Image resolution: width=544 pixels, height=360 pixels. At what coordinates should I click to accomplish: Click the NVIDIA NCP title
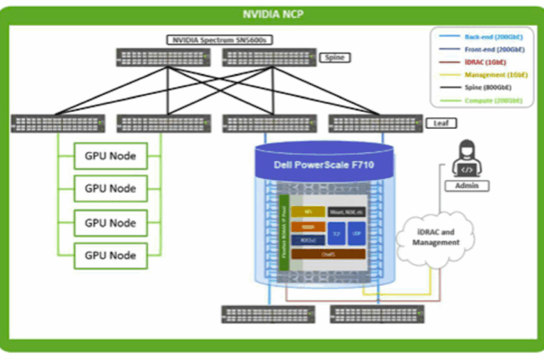coord(272,13)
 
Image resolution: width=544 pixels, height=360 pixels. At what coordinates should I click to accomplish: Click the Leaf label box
coord(441,123)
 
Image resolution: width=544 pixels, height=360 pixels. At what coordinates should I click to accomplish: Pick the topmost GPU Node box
coord(110,156)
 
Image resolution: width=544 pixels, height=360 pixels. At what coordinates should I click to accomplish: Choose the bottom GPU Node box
coord(110,255)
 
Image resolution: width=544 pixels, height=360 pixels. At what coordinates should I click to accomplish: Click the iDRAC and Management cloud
coord(437,237)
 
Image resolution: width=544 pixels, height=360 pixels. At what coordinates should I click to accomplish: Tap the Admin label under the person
coord(467,186)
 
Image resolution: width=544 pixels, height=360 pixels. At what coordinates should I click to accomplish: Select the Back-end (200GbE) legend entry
coord(485,36)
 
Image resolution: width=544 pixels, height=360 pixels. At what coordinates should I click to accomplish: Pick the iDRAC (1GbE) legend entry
coord(485,62)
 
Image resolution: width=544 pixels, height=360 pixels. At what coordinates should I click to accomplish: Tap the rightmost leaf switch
coord(375,124)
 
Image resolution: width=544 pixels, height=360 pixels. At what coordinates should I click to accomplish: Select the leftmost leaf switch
coord(58,124)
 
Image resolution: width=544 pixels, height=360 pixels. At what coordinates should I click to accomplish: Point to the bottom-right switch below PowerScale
coord(377,314)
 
